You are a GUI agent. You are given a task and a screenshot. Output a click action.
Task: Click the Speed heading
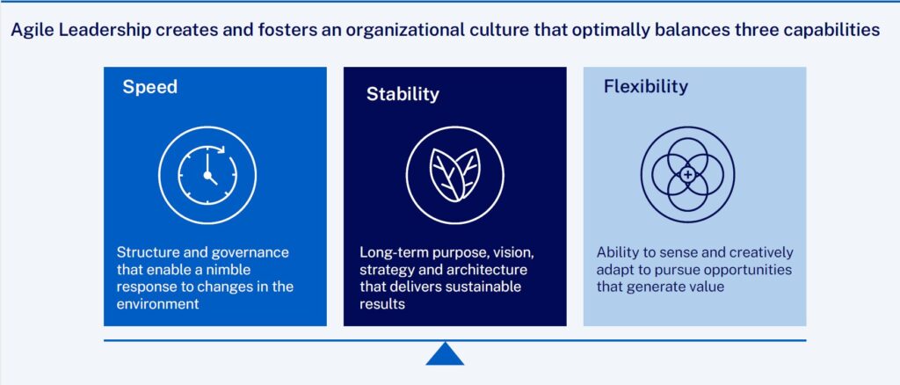(149, 87)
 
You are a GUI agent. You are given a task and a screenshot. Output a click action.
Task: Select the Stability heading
(403, 94)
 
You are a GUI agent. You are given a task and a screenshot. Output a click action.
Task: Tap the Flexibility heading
(646, 87)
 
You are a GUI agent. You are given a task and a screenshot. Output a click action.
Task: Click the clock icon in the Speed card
(207, 175)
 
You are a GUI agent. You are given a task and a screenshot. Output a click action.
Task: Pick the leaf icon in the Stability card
(454, 175)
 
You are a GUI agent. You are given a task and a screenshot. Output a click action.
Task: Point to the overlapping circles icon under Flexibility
(687, 174)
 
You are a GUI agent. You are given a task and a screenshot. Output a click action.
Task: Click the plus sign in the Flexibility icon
(688, 174)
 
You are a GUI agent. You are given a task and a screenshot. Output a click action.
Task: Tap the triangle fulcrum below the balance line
(444, 353)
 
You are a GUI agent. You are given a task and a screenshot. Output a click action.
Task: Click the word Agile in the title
(27, 31)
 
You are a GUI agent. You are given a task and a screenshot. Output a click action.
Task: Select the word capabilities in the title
(833, 31)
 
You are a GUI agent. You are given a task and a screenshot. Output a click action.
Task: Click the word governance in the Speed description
(250, 254)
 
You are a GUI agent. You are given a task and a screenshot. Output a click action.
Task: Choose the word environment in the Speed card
(158, 304)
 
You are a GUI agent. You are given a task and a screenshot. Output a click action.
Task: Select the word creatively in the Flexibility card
(760, 253)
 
